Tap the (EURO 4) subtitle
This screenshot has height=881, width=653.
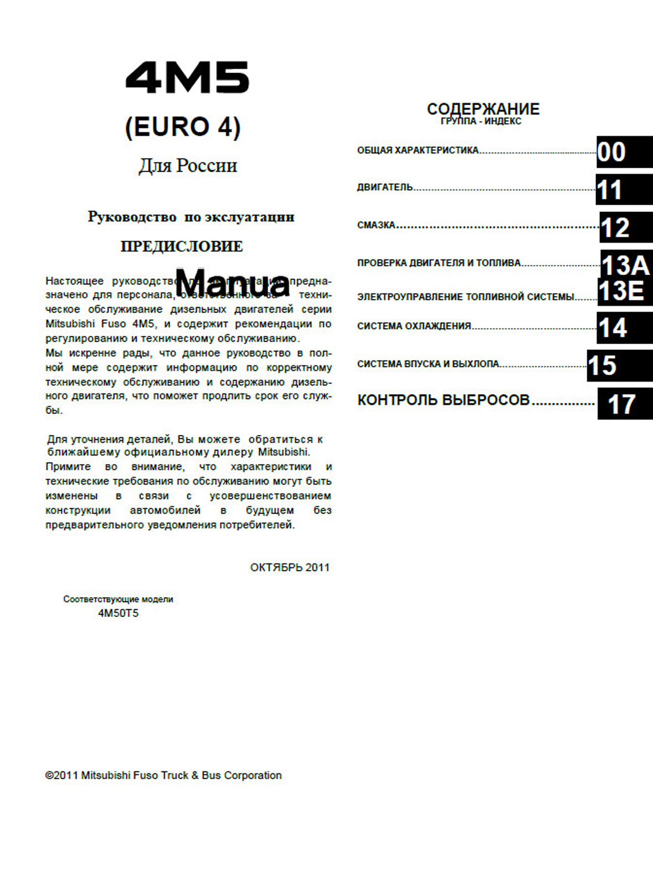[x=183, y=127]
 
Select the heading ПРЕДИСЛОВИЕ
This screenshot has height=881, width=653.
[x=181, y=246]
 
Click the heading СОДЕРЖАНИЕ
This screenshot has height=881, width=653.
[x=483, y=108]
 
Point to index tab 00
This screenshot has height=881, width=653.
[x=624, y=152]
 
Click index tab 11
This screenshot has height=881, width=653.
[x=623, y=190]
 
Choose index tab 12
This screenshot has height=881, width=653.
[x=625, y=227]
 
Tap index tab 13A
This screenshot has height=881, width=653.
[x=626, y=265]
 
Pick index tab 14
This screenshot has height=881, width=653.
[x=624, y=328]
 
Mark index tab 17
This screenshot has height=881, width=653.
[x=624, y=404]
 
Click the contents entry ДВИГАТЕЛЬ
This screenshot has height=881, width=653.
[x=385, y=188]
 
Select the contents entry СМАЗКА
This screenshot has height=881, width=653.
[x=376, y=225]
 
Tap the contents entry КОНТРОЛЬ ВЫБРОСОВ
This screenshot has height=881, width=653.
[x=443, y=400]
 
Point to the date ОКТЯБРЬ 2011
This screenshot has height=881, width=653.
[x=290, y=567]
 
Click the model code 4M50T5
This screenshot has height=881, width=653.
[x=118, y=613]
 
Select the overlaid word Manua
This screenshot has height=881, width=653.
[x=232, y=283]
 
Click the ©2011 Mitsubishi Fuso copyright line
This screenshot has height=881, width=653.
[x=164, y=775]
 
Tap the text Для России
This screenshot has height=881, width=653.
[x=187, y=165]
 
